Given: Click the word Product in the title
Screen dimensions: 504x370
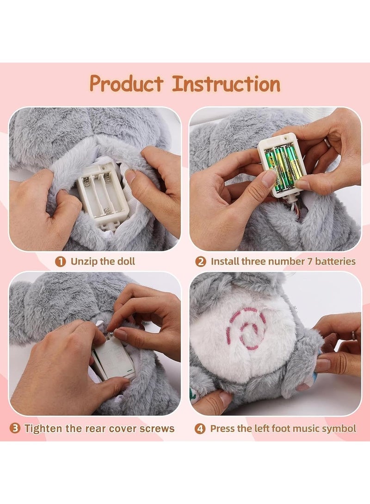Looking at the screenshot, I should tap(126, 84).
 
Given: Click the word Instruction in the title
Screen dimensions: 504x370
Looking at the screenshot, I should tap(226, 84).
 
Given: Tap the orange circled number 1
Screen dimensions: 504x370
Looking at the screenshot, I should tap(61, 261).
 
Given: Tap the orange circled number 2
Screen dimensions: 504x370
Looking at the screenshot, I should tap(201, 261).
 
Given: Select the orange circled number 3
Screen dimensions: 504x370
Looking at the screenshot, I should tap(15, 428).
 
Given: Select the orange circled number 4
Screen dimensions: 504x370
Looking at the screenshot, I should tap(200, 428).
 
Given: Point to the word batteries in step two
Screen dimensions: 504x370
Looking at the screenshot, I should tap(334, 261).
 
